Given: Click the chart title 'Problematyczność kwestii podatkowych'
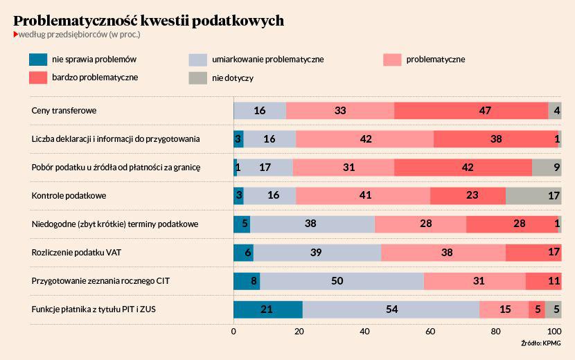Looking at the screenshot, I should pos(148,21).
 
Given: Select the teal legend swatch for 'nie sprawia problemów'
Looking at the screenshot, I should pos(38,60).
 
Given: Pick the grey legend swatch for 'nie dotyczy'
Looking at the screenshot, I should pos(199,78).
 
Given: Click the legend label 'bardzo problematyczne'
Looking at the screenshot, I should pos(95,78).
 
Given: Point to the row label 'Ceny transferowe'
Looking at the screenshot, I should pos(64,110).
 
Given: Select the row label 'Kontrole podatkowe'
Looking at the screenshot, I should pos(69,196).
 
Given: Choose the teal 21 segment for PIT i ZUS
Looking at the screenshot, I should pos(267,309).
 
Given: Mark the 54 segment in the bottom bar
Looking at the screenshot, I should pos(391,309).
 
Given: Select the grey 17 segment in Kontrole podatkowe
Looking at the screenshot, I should pos(533,196).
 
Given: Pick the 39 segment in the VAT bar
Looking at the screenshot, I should pos(317,253).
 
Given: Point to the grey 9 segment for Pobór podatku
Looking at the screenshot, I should pos(547,167).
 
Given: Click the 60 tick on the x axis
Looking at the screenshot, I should pos(430,331).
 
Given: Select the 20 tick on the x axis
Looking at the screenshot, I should pos(299,331).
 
